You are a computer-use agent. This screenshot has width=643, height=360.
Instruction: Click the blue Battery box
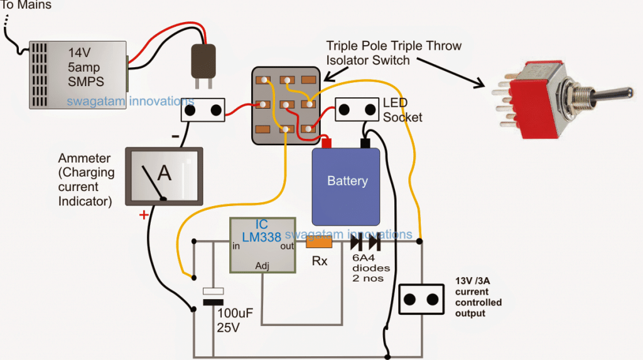pos(347,186)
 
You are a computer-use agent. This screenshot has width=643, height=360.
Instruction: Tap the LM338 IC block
pos(263,244)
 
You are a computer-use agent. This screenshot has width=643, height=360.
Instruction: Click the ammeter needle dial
pos(164,177)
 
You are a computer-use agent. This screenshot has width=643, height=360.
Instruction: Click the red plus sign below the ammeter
pos(144,215)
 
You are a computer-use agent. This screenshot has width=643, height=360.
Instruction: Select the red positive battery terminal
pos(327,143)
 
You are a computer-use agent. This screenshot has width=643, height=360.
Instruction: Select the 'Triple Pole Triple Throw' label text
pos(393,46)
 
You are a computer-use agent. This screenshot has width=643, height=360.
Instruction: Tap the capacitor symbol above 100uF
pos(213,297)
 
